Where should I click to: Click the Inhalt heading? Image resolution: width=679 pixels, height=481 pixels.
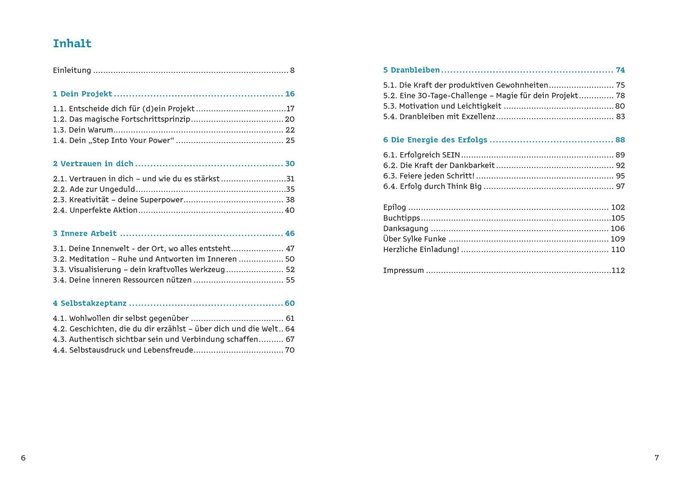tap(72, 43)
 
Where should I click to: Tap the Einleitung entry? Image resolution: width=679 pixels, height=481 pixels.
tap(72, 71)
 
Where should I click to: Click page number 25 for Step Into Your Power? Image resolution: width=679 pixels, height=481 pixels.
tap(290, 140)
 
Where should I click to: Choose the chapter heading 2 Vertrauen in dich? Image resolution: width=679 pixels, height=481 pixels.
tap(93, 164)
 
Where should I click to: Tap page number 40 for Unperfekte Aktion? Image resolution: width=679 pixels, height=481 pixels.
tap(289, 210)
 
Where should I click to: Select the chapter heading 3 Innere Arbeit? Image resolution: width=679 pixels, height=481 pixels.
tap(85, 233)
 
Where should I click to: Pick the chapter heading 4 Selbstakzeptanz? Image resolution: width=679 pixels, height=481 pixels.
tap(90, 303)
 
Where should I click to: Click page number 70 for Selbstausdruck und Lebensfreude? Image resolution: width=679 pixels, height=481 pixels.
tap(289, 350)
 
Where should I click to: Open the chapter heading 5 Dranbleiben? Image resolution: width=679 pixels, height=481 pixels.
tap(411, 70)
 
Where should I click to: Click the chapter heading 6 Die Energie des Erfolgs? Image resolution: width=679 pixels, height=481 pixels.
tap(435, 140)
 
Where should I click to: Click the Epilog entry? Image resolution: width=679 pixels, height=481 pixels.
tap(394, 207)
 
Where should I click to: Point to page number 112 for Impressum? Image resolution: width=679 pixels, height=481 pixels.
tap(618, 270)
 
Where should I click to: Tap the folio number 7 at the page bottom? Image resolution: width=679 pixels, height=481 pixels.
tap(656, 458)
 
